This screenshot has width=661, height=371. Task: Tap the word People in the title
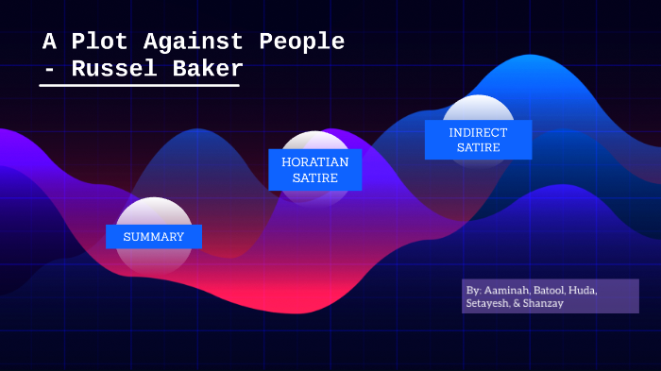(300, 42)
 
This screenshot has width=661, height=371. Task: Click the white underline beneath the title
(139, 85)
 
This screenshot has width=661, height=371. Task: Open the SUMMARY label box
(154, 237)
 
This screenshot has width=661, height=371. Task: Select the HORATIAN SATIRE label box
(314, 170)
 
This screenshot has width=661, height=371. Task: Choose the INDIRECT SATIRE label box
(478, 140)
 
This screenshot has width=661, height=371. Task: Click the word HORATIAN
(314, 161)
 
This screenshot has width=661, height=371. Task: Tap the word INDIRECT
(478, 132)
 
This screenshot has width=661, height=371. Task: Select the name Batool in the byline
(551, 289)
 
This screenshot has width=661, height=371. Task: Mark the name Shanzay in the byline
(544, 303)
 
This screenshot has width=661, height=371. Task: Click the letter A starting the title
(50, 42)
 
